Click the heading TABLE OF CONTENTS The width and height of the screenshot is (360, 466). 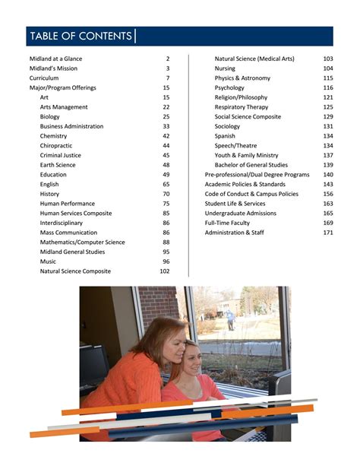tap(80, 36)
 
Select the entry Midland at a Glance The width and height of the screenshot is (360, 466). tap(55, 59)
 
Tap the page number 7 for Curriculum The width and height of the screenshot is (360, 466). tap(168, 78)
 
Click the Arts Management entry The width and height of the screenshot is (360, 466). tap(64, 107)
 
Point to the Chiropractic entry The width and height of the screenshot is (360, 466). tap(57, 146)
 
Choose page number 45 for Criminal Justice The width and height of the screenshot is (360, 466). tap(166, 155)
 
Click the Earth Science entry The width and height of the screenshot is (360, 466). tap(58, 165)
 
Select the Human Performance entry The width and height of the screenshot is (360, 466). tap(68, 204)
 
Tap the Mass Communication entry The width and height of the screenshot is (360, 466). tap(68, 233)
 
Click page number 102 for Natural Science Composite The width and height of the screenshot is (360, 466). tap(165, 271)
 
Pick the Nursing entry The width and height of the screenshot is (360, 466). tap(225, 68)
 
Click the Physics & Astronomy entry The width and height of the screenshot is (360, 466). tap(242, 78)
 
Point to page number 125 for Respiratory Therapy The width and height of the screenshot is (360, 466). tap(328, 107)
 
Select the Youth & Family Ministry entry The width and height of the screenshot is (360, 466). tap(246, 155)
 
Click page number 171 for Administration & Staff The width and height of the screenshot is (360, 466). tap(328, 233)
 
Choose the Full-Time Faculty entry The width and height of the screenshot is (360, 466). tap(227, 223)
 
